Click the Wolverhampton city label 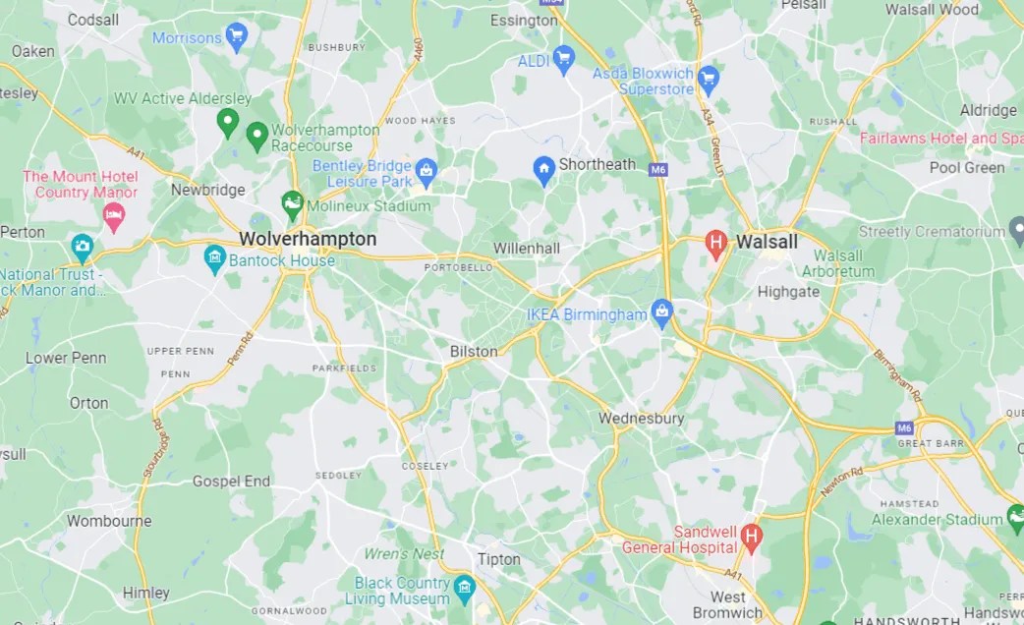coord(308,239)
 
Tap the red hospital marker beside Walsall coord(716,242)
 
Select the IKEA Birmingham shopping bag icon coord(662,313)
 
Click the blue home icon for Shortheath coord(543,168)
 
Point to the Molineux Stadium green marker coord(292,204)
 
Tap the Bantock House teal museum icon coord(214,259)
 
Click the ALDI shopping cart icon coord(563,60)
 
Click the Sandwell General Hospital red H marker coord(752,536)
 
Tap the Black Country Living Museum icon coord(464,589)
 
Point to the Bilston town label coord(474,351)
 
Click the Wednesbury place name coord(642,419)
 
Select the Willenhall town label coord(526,249)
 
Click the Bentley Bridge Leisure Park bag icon coord(426,172)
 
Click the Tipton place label coord(498,559)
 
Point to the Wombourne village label coord(109,521)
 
